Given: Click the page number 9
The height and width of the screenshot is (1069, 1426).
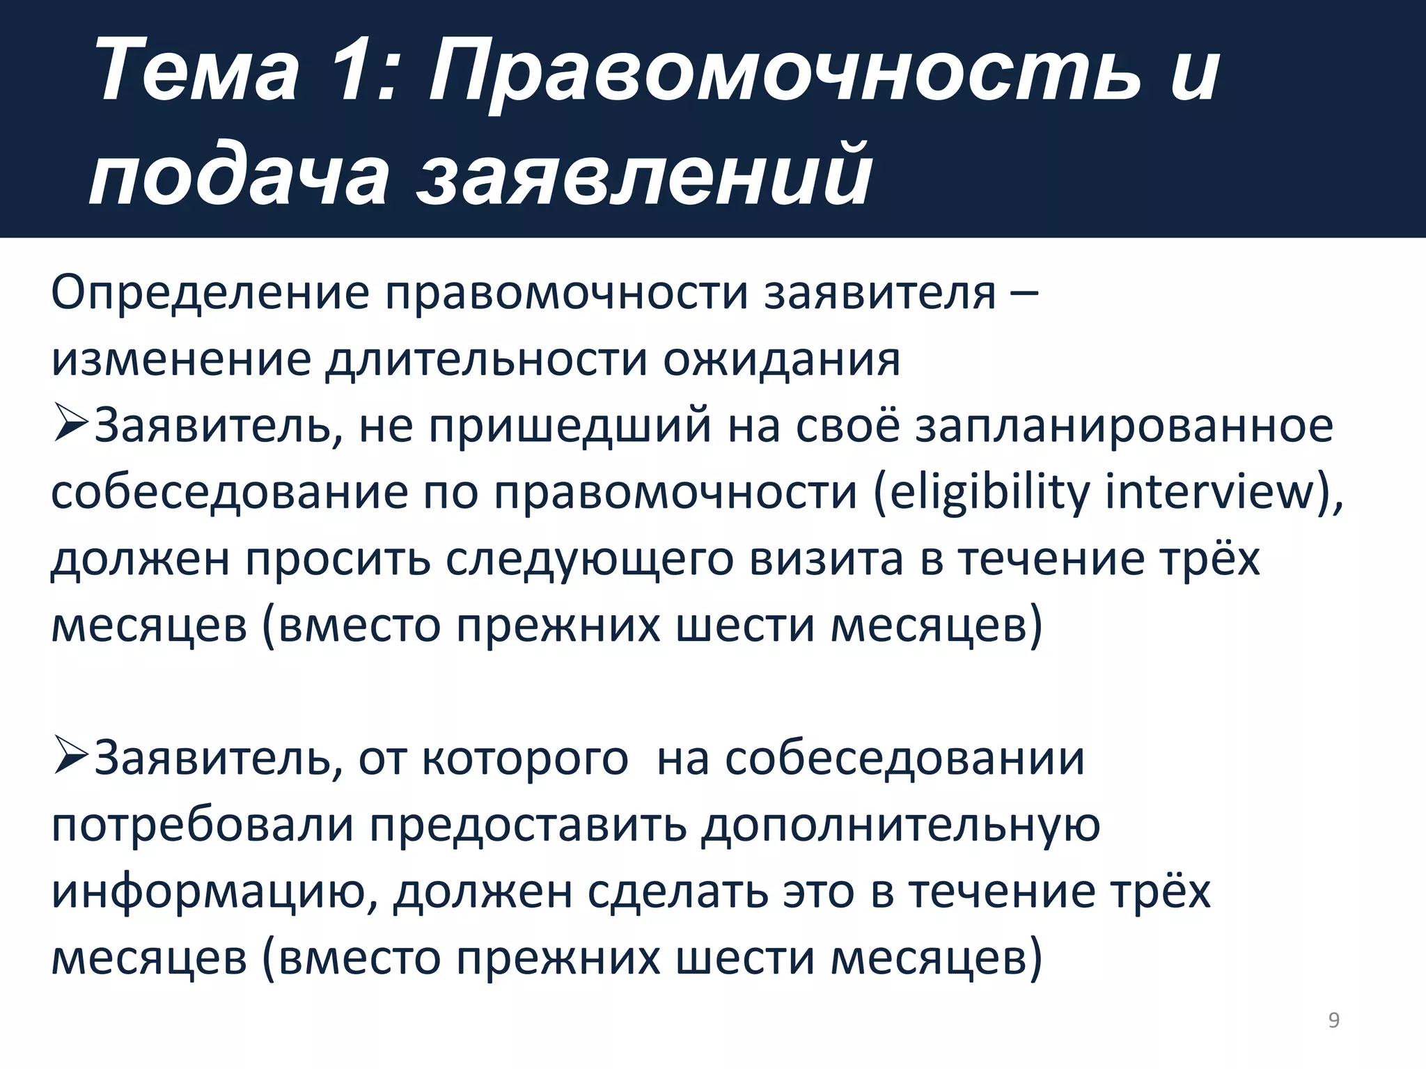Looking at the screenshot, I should (1333, 1020).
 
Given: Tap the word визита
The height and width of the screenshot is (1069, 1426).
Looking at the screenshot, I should (826, 560).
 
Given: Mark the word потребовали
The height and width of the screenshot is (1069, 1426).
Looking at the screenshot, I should (203, 825).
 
